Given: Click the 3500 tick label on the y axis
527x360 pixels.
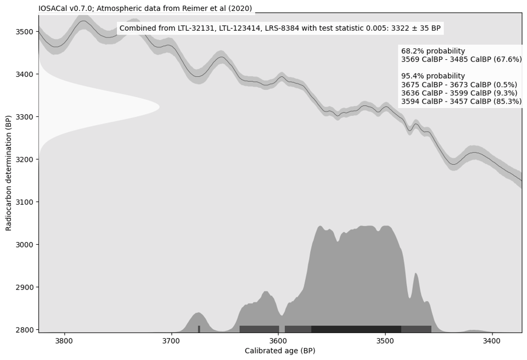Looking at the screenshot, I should [25, 32].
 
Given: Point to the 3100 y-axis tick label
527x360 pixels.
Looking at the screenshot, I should [25, 202].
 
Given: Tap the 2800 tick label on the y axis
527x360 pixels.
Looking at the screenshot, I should [25, 330].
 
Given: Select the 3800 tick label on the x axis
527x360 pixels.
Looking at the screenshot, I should [64, 341].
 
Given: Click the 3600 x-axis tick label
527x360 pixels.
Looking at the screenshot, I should [278, 341].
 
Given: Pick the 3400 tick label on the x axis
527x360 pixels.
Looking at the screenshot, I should [492, 341].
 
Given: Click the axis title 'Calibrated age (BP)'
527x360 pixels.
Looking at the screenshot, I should [280, 351].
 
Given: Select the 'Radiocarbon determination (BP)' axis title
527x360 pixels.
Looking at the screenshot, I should [9, 173].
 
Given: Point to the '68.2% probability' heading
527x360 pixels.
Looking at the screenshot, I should [433, 51].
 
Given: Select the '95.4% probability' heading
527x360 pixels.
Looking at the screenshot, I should [433, 76].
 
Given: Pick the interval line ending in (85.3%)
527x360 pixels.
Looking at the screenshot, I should [461, 102].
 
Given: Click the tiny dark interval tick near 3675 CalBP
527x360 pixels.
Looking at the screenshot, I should [199, 329].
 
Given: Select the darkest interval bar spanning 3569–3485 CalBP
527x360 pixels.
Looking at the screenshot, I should [356, 329].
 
